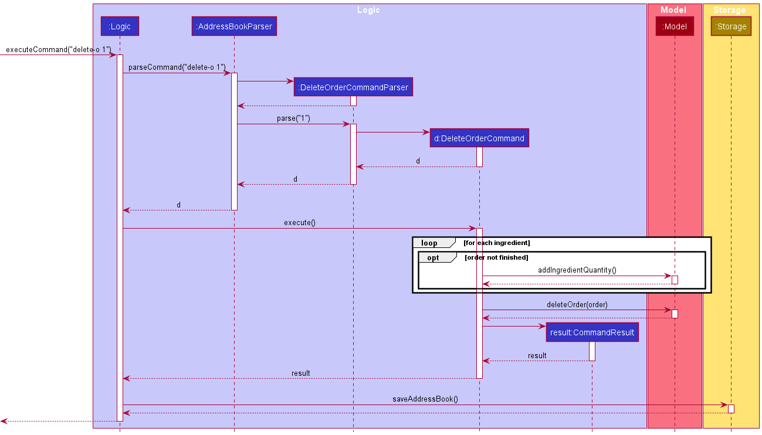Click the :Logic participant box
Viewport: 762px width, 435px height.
point(120,26)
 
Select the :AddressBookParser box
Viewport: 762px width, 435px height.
point(234,26)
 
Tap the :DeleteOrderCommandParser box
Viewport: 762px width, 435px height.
point(353,87)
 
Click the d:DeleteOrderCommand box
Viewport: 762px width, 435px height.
point(479,138)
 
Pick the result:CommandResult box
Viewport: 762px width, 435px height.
point(592,332)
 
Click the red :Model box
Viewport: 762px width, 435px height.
point(675,26)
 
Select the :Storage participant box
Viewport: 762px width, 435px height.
point(731,26)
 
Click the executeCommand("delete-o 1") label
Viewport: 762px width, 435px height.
point(58,50)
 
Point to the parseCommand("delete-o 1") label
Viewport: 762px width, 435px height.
point(177,67)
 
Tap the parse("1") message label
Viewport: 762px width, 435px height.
point(293,118)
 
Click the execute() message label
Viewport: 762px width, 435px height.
point(299,223)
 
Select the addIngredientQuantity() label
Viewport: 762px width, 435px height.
point(577,270)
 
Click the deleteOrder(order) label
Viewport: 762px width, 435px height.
point(577,304)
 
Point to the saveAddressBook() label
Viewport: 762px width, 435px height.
point(425,399)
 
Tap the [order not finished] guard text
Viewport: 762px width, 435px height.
point(496,258)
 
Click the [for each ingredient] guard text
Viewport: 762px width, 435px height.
point(496,243)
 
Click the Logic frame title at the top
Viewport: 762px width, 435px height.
point(368,10)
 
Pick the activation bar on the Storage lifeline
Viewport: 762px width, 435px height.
point(731,409)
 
